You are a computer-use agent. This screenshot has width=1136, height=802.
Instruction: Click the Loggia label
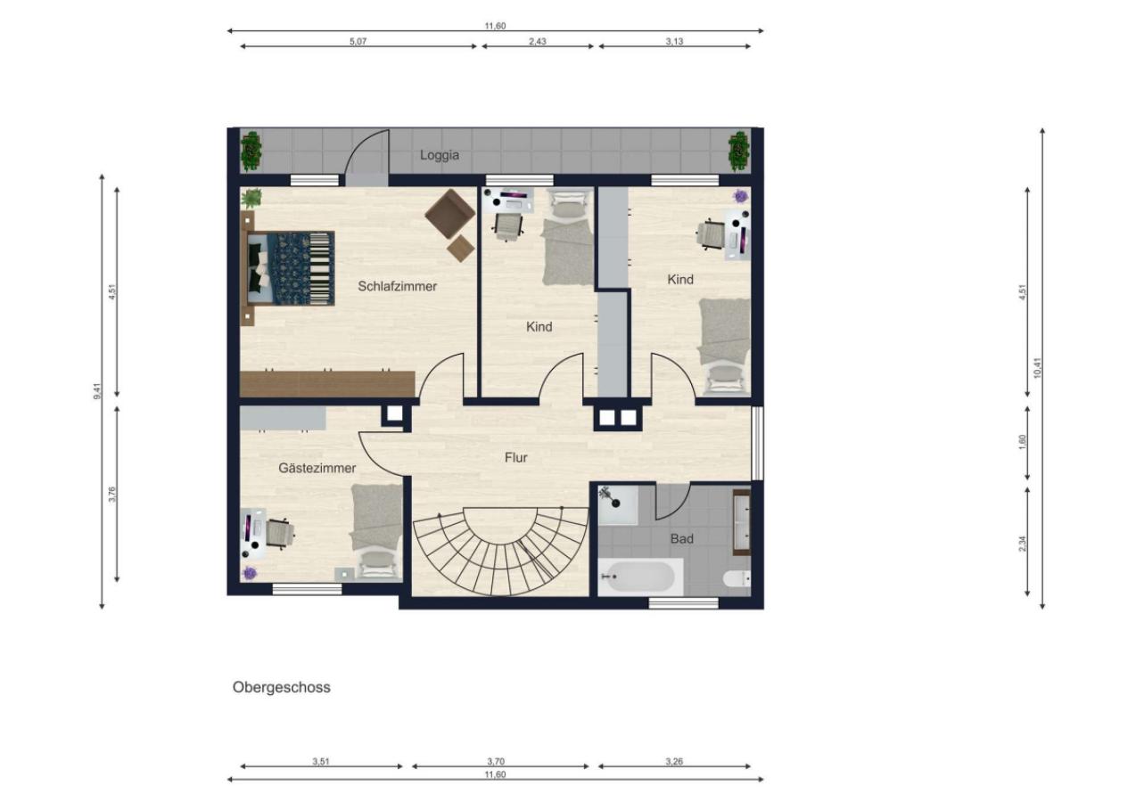tap(440, 155)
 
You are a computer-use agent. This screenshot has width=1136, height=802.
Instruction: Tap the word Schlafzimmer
tap(397, 286)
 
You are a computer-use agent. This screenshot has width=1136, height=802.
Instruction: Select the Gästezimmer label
tap(317, 469)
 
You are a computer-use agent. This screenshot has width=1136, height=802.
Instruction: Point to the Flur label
tap(515, 458)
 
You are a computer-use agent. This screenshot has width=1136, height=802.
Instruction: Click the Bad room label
tap(681, 539)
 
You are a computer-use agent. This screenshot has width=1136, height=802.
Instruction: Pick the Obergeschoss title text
tap(282, 687)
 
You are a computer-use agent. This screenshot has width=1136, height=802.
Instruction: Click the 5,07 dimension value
tap(358, 42)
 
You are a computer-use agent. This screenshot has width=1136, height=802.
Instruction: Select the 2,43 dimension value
tap(538, 42)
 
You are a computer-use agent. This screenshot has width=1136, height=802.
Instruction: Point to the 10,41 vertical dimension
tap(1037, 367)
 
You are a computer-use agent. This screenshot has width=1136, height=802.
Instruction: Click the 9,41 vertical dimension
tap(98, 391)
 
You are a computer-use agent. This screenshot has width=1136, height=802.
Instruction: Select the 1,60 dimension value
tap(1023, 442)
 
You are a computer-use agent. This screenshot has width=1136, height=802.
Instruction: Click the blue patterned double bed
tap(291, 269)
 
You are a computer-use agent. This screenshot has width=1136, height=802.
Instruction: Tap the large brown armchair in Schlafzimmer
tap(449, 214)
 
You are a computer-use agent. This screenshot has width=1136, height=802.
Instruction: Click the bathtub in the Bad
tap(640, 577)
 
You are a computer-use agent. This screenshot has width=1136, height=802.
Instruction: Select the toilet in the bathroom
tap(737, 578)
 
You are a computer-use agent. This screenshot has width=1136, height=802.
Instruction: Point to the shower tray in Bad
tap(618, 504)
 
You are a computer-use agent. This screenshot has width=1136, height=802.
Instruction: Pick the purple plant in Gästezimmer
tap(250, 573)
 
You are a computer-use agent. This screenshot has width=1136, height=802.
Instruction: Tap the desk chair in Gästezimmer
tap(279, 534)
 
